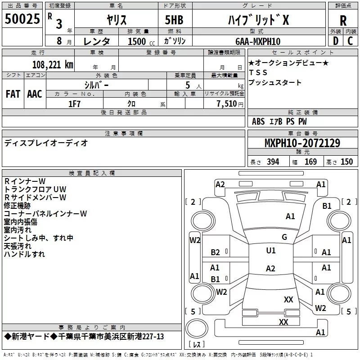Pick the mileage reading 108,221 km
pos(53,64)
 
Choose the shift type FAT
pos(13,94)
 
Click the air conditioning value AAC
pos(35,94)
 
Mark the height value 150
pos(346,162)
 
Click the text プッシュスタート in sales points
pos(275,83)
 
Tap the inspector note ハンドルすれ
pos(24,254)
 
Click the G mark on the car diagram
pos(284,237)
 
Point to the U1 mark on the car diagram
pos(270,251)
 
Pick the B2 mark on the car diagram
pos(215,252)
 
